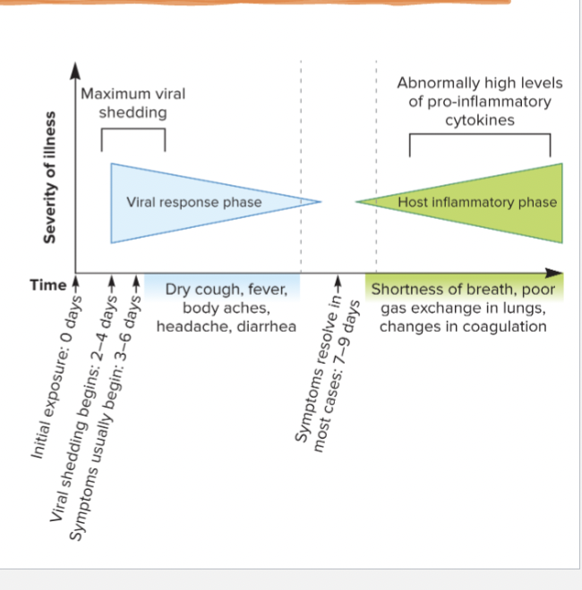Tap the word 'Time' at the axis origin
[x=47, y=285]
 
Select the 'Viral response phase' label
[x=194, y=202]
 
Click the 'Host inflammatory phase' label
[x=477, y=202]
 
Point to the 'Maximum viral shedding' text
[x=133, y=103]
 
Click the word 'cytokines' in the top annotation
[x=479, y=120]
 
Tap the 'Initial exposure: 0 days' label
[x=57, y=375]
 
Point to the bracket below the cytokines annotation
[x=479, y=136]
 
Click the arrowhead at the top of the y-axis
[x=75, y=68]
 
